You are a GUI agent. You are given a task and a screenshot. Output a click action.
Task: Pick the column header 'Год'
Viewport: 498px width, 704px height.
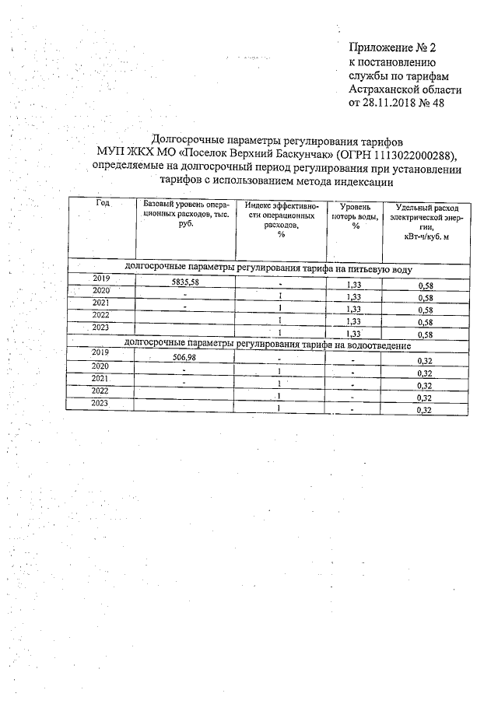(102, 203)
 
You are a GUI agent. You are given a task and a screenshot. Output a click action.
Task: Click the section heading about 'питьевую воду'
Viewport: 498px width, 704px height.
(268, 268)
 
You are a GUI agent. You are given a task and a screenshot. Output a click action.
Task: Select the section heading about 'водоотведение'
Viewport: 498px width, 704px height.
(268, 343)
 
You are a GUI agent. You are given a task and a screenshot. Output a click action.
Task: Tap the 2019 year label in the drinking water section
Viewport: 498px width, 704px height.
(102, 278)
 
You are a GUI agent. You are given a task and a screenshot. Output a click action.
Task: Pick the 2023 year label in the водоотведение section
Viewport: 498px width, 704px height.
(100, 403)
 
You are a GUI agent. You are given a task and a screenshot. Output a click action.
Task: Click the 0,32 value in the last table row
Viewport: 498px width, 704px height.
(425, 410)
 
